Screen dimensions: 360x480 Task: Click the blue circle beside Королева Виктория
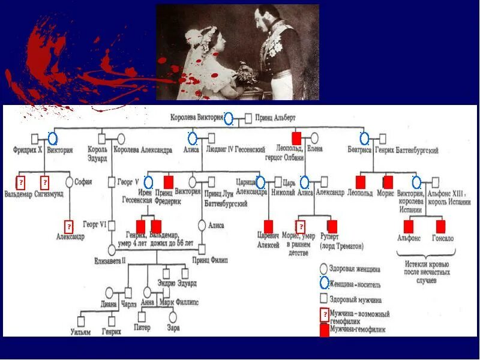[x=228, y=119]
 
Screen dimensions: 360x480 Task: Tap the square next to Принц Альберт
[x=248, y=119]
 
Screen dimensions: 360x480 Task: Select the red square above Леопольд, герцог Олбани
[x=296, y=138]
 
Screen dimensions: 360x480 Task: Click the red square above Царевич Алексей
[x=268, y=226]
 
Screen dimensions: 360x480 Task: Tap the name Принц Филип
[x=209, y=260]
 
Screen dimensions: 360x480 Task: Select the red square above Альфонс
[x=409, y=226]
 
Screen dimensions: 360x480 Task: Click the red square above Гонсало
[x=440, y=226]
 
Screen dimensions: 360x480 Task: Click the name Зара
[x=173, y=328]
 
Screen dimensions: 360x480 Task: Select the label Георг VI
[x=95, y=224]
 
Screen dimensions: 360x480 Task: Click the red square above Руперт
[x=332, y=226]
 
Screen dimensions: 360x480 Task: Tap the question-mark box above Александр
[x=69, y=226]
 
